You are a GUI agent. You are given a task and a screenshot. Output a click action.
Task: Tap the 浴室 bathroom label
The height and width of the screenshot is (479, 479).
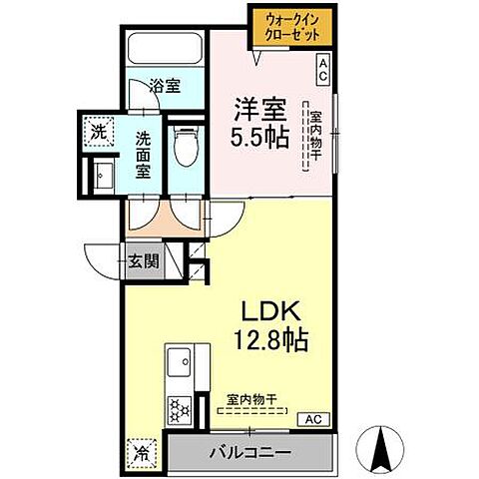click(x=165, y=87)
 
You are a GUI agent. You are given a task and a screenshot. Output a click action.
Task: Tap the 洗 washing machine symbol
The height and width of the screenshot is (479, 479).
click(x=100, y=131)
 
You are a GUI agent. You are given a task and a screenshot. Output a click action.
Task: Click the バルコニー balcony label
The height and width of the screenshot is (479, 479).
click(x=249, y=452)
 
